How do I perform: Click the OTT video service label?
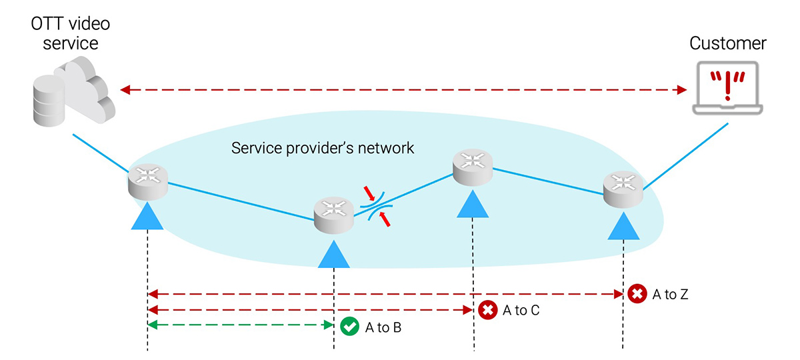[x=70, y=34]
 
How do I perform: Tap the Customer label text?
[x=728, y=44]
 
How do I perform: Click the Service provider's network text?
[x=323, y=147]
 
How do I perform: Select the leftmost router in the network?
[x=147, y=181]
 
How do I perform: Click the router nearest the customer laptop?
[x=623, y=189]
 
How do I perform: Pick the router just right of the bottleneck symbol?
[x=473, y=166]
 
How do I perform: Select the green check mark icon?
[x=349, y=327]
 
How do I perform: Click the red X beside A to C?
[x=488, y=309]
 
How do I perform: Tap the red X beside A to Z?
[x=637, y=293]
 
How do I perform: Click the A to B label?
[x=383, y=327]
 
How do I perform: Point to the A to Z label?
[x=670, y=294]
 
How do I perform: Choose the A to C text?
[x=521, y=310]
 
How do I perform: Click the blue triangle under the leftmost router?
[x=147, y=217]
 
